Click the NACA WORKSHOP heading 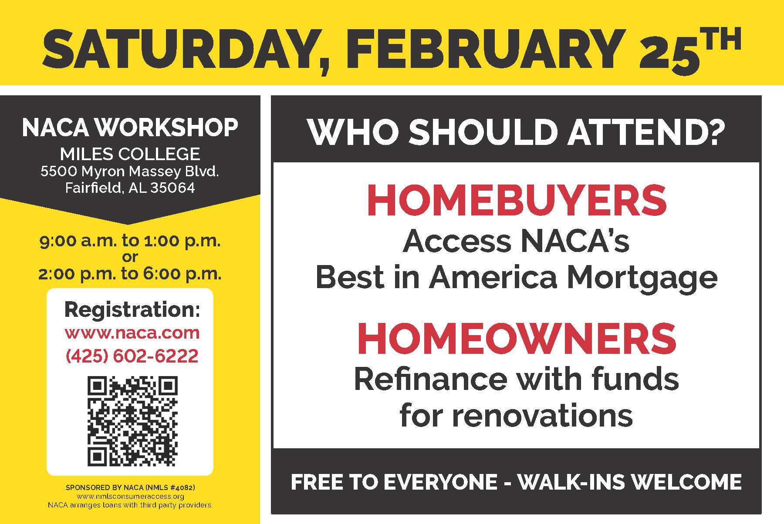[x=130, y=128]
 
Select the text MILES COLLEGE [x=130, y=154]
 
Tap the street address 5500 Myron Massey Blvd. [x=130, y=171]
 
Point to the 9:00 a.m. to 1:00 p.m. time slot [x=130, y=241]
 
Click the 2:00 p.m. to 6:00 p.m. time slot [x=130, y=274]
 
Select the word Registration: [x=132, y=309]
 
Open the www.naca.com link [x=132, y=333]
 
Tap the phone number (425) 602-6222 [x=132, y=356]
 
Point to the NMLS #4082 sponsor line [x=130, y=487]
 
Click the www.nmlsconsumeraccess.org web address [x=130, y=497]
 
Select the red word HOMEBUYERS [x=517, y=201]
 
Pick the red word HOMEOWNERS [x=517, y=339]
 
